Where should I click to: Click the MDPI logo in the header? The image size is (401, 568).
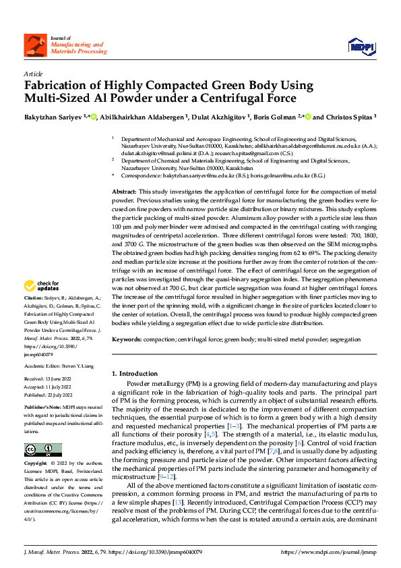point(361,46)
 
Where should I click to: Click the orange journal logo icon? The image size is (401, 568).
point(34,45)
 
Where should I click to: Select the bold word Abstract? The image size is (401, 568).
point(124,192)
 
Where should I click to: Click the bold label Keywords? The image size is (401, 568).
point(127,339)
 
